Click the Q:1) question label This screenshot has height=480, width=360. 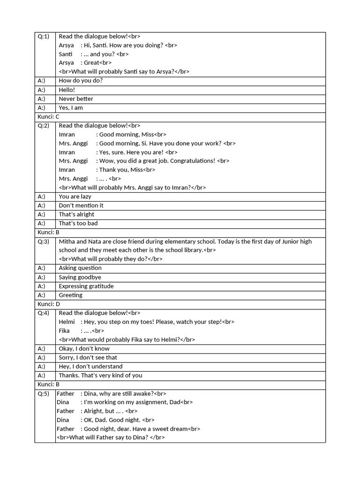click(44, 37)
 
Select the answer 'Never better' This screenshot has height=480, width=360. click(76, 99)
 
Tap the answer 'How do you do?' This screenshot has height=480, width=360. click(81, 81)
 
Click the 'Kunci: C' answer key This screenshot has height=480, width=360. click(49, 117)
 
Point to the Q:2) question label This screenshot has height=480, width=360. click(44, 126)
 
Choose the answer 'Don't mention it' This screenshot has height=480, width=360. click(81, 205)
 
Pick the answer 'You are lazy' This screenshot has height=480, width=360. click(75, 196)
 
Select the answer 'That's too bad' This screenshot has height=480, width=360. click(78, 223)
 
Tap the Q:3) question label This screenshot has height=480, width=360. click(44, 241)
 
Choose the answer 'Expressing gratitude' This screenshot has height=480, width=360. click(86, 286)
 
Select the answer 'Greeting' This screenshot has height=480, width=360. click(70, 295)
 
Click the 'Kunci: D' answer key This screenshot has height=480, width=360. click(49, 304)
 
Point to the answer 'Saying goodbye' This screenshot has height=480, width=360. click(80, 277)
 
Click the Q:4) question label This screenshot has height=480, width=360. click(44, 313)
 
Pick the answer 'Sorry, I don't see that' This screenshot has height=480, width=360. click(88, 358)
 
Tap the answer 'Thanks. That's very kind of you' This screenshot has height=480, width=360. click(100, 375)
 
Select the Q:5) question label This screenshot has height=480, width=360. click(44, 394)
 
